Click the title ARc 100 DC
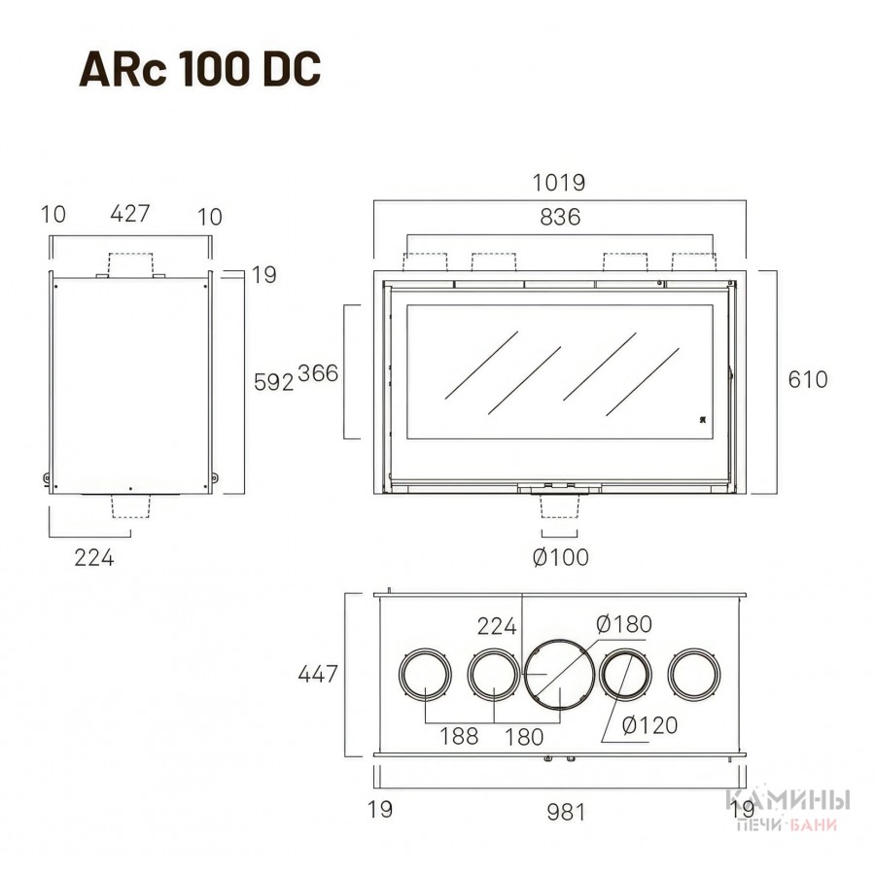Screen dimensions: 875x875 coord(200,69)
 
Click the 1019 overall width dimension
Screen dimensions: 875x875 coord(559,183)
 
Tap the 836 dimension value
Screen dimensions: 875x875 coord(560,217)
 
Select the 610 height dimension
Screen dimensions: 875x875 coord(808,379)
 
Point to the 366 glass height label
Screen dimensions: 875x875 coord(318,372)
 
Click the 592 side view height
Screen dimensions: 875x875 coord(273,382)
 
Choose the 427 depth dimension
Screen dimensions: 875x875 coord(130,213)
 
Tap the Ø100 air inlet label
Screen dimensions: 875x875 coord(561,557)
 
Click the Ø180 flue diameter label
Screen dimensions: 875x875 coord(624,624)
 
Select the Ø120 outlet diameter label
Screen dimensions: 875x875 coord(649,725)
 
